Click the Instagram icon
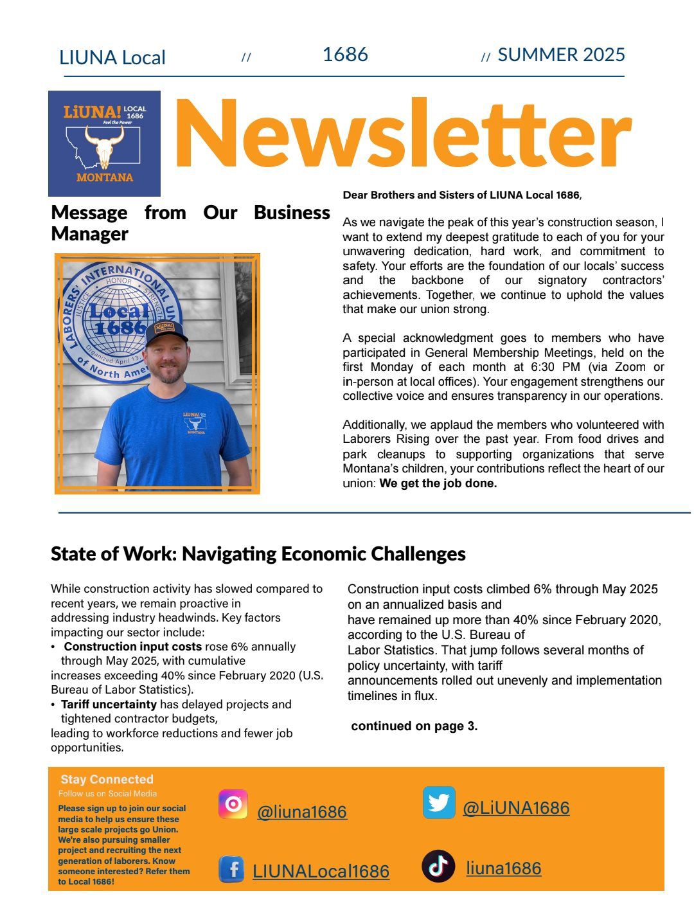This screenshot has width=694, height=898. coord(233,804)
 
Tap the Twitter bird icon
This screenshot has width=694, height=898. coord(439,803)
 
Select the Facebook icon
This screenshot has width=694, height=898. coord(232,870)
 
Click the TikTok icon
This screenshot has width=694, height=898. coord(438,866)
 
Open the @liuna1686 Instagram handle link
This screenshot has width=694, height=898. coord(301,812)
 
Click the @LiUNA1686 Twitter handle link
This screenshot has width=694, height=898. coord(516,807)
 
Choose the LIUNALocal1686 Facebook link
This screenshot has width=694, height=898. coord(321,871)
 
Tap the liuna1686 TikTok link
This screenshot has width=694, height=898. coord(503,868)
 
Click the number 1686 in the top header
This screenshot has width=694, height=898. coord(345,55)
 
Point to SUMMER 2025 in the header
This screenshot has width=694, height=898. coord(561,55)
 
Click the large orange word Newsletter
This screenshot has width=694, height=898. coord(402,135)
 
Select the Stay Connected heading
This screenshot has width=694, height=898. coord(107,779)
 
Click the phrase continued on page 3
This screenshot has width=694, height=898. coord(414,726)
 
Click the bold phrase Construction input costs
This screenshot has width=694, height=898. coord(132,647)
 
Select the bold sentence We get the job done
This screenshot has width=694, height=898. coord(438,483)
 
